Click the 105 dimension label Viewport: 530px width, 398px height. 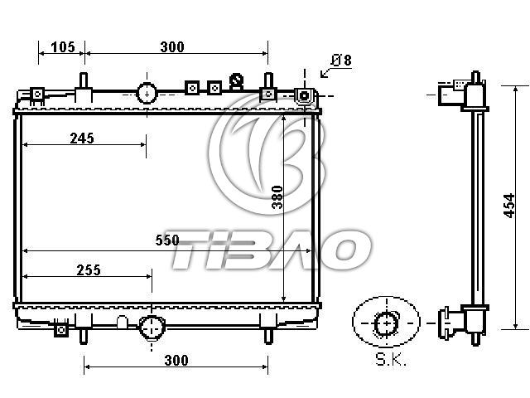click(x=63, y=47)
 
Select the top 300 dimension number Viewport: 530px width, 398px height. click(x=172, y=47)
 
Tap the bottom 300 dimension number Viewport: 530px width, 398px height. click(x=176, y=361)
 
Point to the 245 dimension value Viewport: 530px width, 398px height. click(x=82, y=138)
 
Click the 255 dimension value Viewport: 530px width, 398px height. click(x=89, y=270)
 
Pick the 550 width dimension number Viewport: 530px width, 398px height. click(x=167, y=240)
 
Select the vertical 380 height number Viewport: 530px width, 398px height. click(x=277, y=197)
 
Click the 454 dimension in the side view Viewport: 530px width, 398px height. click(x=509, y=206)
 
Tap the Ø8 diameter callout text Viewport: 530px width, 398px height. click(x=341, y=61)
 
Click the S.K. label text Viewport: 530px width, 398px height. click(x=391, y=360)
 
